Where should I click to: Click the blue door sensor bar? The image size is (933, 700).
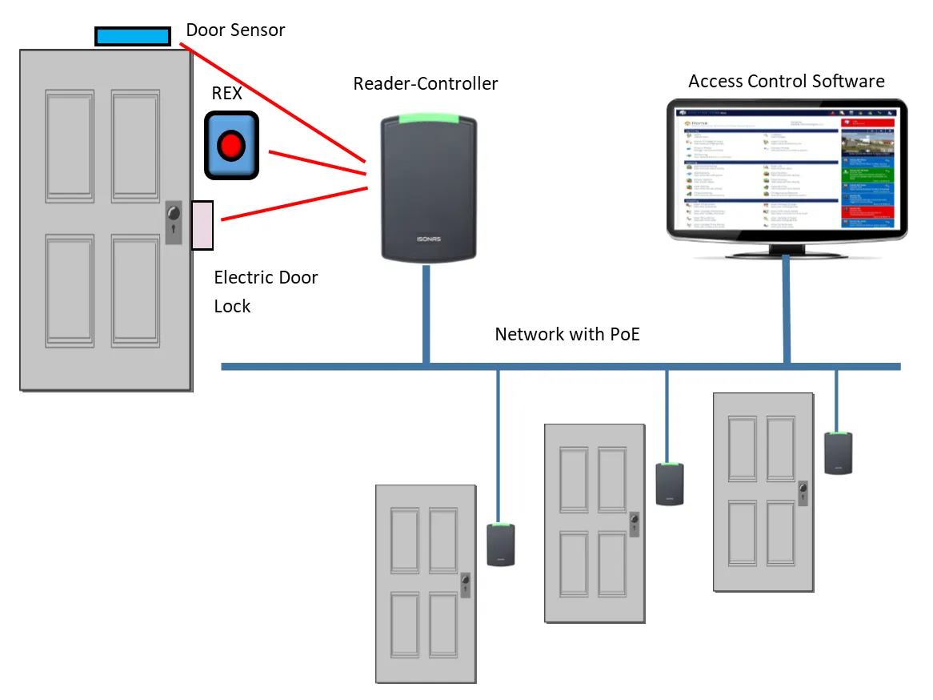point(133,36)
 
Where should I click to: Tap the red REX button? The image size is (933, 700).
point(231,145)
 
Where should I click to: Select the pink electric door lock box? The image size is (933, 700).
point(202,225)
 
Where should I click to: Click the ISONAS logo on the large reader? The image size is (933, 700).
point(429,239)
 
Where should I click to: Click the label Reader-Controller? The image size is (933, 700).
point(425,83)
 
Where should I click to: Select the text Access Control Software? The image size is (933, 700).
point(786,81)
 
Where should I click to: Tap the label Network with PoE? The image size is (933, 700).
point(567,334)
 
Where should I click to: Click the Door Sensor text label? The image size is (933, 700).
point(235,30)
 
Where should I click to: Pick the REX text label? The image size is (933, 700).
point(226,93)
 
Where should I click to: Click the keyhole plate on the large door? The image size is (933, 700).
point(174,223)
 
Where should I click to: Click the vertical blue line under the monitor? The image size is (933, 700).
point(787,312)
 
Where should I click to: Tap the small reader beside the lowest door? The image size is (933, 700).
point(501,545)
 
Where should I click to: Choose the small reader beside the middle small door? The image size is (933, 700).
point(669,484)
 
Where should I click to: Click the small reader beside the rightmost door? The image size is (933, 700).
point(839,453)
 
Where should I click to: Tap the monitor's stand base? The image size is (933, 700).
point(787,255)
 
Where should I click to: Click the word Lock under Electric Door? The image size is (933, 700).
point(232,306)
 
